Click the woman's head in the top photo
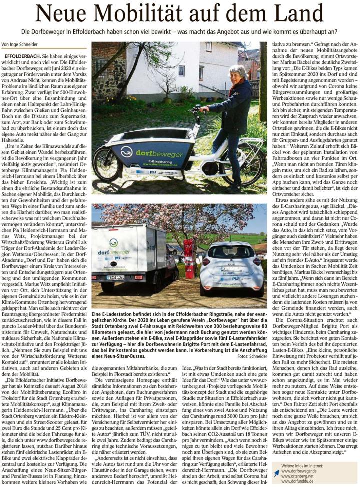tap(238, 72)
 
